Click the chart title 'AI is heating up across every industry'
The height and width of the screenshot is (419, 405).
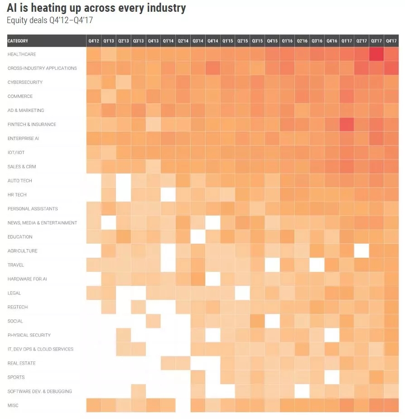coord(96,8)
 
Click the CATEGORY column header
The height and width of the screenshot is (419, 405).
coord(18,41)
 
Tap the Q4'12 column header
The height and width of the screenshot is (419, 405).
coord(93,41)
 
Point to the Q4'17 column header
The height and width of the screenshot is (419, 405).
coord(391,41)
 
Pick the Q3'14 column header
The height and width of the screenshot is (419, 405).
coord(198,41)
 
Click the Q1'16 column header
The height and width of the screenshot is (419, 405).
coord(287,41)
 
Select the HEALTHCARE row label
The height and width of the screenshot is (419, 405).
coord(22,54)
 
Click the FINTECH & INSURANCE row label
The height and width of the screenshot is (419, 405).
coord(32,125)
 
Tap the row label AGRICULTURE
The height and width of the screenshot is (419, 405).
coord(23,251)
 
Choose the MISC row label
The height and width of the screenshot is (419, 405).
coord(13,405)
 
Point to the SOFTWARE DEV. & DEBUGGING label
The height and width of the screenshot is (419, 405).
coord(40,391)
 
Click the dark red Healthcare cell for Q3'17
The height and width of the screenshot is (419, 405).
coord(376,54)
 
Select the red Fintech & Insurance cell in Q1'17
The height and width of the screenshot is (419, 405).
coord(347,125)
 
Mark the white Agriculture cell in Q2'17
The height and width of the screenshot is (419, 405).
coord(361,251)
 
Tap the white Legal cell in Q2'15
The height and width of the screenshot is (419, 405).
coord(242,293)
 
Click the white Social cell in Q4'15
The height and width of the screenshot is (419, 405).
coord(272,321)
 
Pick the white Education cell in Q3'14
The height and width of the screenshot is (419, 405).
coord(198,237)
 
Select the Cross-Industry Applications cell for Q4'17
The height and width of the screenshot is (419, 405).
coord(391,68)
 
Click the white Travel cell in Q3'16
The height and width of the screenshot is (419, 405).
coord(317,265)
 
